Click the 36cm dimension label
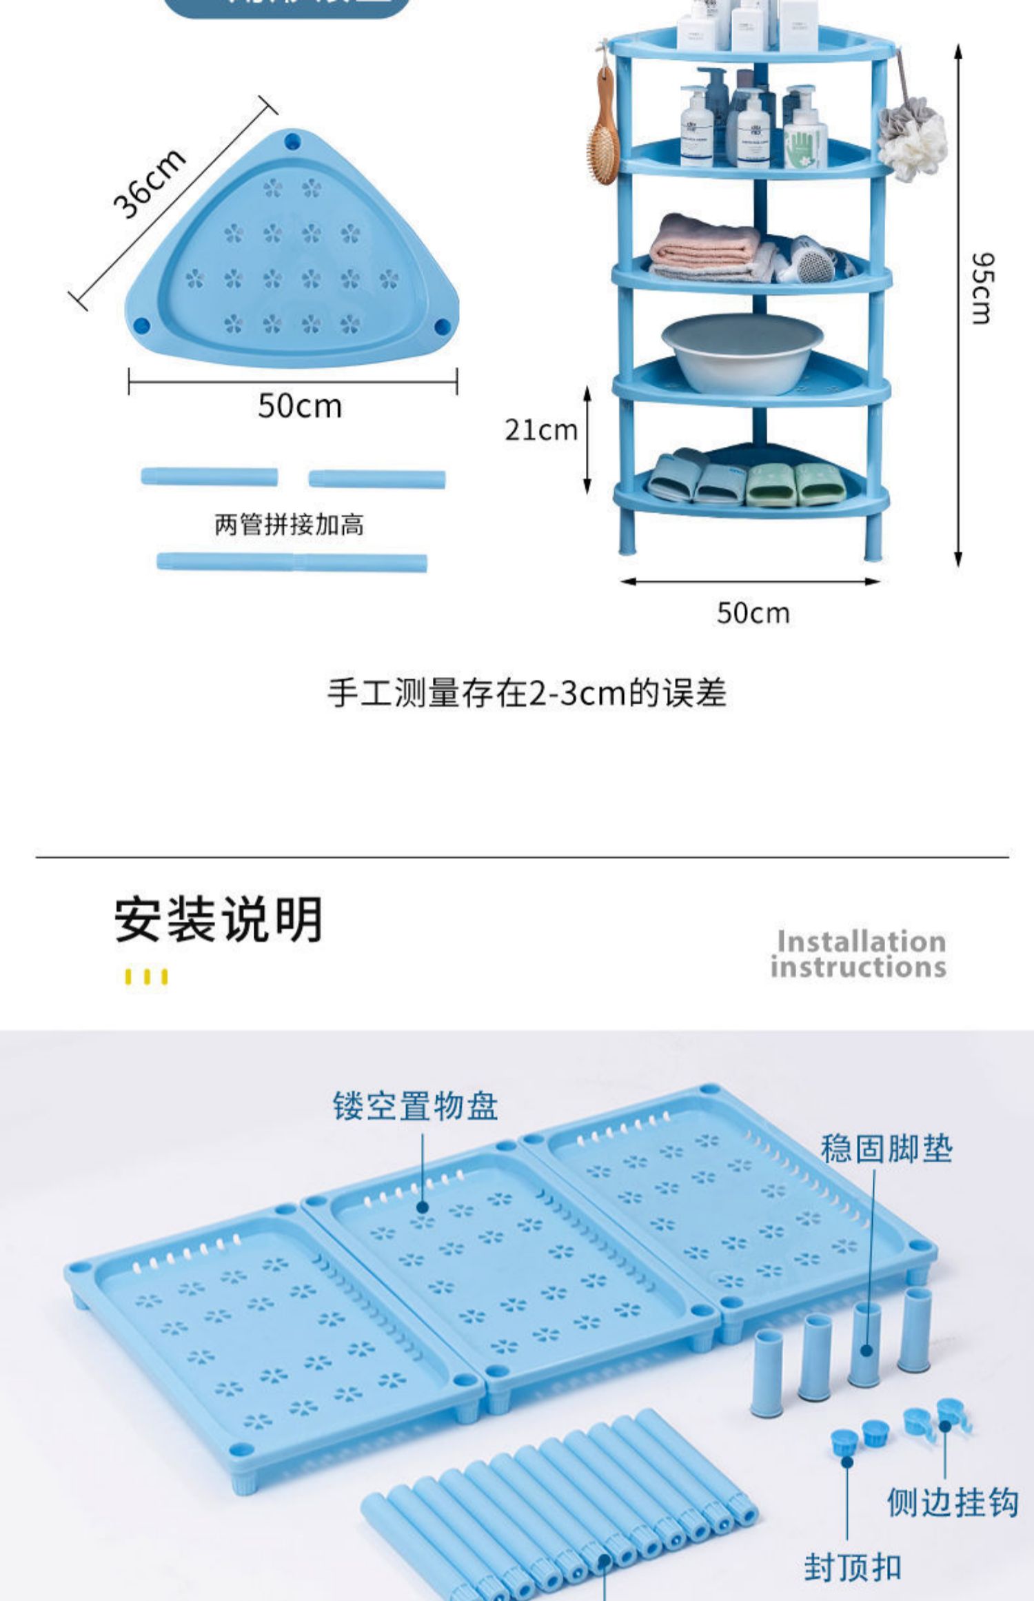pyautogui.click(x=149, y=183)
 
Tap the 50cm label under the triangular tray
pyautogui.click(x=300, y=406)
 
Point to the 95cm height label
pyautogui.click(x=982, y=288)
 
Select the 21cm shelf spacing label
pyautogui.click(x=541, y=430)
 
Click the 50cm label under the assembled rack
pyautogui.click(x=753, y=613)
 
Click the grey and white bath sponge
pyautogui.click(x=911, y=138)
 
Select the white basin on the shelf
pyautogui.click(x=742, y=352)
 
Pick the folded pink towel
pyautogui.click(x=703, y=248)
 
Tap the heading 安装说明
pyautogui.click(x=219, y=920)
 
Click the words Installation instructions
pyautogui.click(x=859, y=954)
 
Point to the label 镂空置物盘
pyautogui.click(x=415, y=1107)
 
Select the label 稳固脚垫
pyautogui.click(x=886, y=1149)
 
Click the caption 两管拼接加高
pyautogui.click(x=289, y=525)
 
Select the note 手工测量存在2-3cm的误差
pyautogui.click(x=527, y=693)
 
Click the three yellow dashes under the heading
pyautogui.click(x=146, y=977)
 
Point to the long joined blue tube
pyautogui.click(x=292, y=562)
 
